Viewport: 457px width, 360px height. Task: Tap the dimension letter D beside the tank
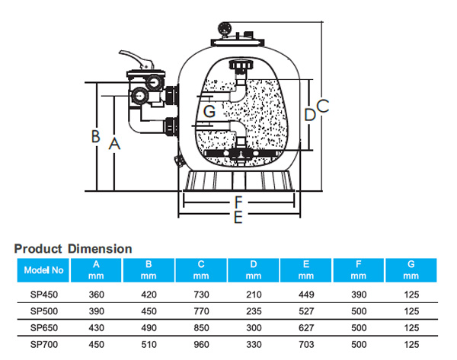pos(309,115)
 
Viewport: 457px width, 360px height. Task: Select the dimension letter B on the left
pos(96,137)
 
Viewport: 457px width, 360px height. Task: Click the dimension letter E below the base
pos(238,218)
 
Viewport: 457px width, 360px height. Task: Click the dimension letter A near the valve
pos(114,142)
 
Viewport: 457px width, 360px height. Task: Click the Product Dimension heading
pos(73,249)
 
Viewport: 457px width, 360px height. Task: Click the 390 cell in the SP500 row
pos(97,311)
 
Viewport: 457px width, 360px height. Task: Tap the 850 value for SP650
pos(203,327)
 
